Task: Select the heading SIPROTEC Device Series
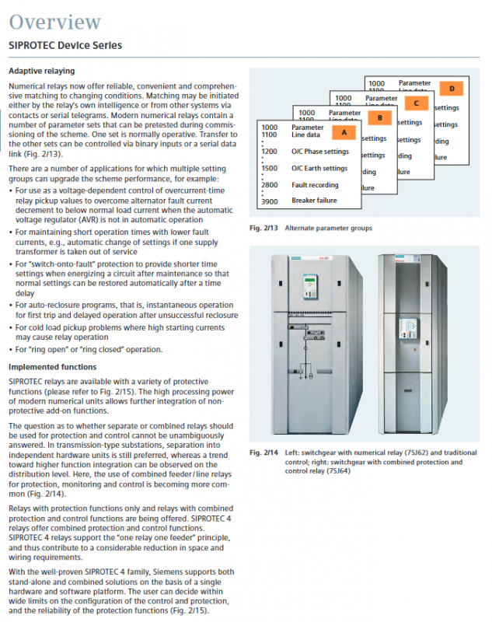click(x=65, y=45)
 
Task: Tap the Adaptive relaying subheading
click(x=45, y=70)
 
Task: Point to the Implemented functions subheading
click(x=53, y=366)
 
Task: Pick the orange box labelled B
click(x=379, y=117)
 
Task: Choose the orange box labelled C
click(x=416, y=103)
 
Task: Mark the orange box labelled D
click(x=451, y=88)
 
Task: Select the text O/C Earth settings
click(x=319, y=168)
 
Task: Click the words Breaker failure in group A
click(x=315, y=201)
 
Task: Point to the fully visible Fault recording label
click(x=315, y=185)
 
